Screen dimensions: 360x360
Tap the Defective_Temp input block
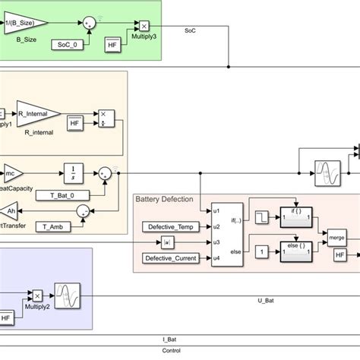pos(169,226)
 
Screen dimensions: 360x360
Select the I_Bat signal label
pos(169,340)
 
